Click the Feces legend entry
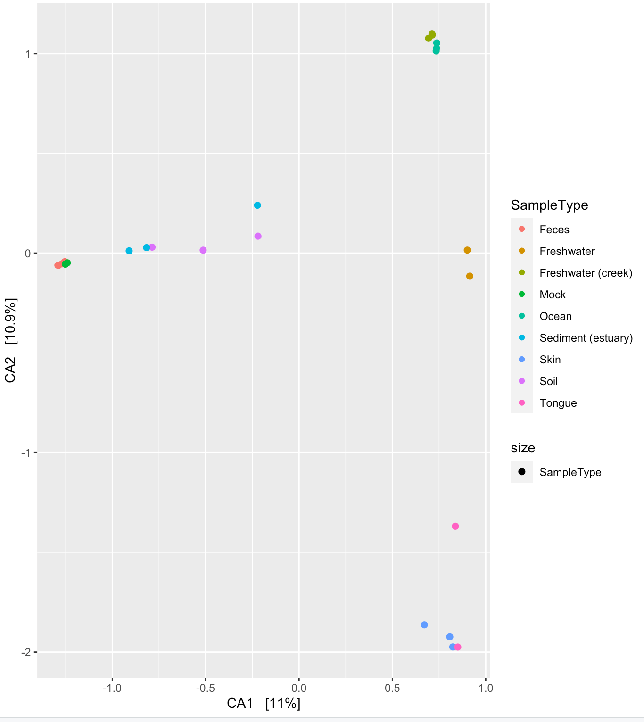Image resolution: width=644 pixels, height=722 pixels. pyautogui.click(x=554, y=230)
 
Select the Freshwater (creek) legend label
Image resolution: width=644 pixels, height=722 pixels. pyautogui.click(x=586, y=273)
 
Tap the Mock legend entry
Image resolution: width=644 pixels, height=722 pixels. pyautogui.click(x=552, y=295)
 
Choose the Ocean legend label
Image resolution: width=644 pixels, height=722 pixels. pyautogui.click(x=555, y=316)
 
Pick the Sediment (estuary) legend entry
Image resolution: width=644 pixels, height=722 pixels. pyautogui.click(x=586, y=338)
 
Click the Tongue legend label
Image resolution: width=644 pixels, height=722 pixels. pyautogui.click(x=558, y=403)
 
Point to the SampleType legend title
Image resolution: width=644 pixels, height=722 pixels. pyautogui.click(x=549, y=205)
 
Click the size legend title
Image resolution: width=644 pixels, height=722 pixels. pyautogui.click(x=523, y=448)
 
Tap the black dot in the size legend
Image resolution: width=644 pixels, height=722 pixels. pyautogui.click(x=521, y=472)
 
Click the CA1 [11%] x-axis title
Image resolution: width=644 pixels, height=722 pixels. pyautogui.click(x=264, y=703)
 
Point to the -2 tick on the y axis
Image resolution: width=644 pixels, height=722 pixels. pyautogui.click(x=25, y=652)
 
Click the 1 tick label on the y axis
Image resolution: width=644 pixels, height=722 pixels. pyautogui.click(x=28, y=54)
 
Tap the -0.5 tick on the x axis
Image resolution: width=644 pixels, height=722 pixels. pyautogui.click(x=206, y=688)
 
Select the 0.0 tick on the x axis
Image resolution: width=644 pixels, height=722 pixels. pyautogui.click(x=298, y=688)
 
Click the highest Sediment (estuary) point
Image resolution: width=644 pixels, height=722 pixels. pyautogui.click(x=257, y=205)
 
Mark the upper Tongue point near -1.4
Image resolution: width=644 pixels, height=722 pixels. pyautogui.click(x=455, y=526)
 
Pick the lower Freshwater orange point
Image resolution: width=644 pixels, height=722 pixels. pyautogui.click(x=470, y=276)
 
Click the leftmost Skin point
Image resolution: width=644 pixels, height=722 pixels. pyautogui.click(x=424, y=625)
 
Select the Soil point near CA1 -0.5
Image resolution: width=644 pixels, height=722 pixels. pyautogui.click(x=203, y=250)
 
